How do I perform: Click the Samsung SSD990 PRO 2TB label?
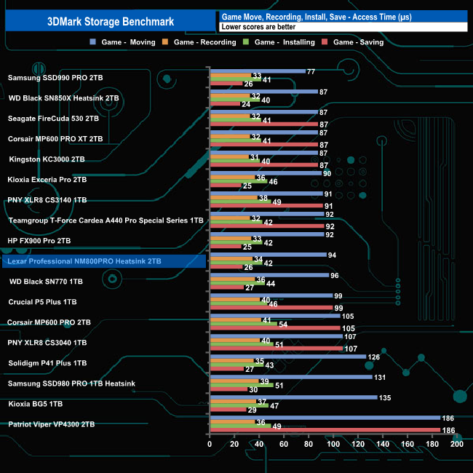pos(55,77)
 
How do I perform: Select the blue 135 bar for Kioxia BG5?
pos(293,397)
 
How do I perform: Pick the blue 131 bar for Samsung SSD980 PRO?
pos(290,377)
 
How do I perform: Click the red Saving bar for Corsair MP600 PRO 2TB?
pos(274,327)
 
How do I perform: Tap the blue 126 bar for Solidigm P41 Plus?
pos(287,357)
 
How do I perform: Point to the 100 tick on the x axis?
pos(333,445)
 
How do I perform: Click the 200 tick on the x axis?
pos(456,445)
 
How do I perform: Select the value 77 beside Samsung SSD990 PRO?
pos(311,71)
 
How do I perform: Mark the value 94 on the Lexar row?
pos(332,255)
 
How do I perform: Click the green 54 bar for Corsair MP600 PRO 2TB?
pos(242,322)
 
